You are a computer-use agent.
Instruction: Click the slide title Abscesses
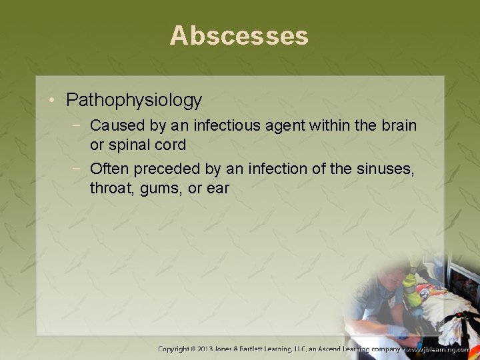pyautogui.click(x=239, y=35)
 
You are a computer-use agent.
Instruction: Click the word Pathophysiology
pyautogui.click(x=134, y=101)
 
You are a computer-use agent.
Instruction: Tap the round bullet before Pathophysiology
pyautogui.click(x=52, y=101)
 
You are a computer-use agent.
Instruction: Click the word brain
pyautogui.click(x=397, y=125)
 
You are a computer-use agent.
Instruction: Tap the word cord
pyautogui.click(x=171, y=145)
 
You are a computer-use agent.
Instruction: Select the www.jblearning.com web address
pyautogui.click(x=441, y=349)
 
